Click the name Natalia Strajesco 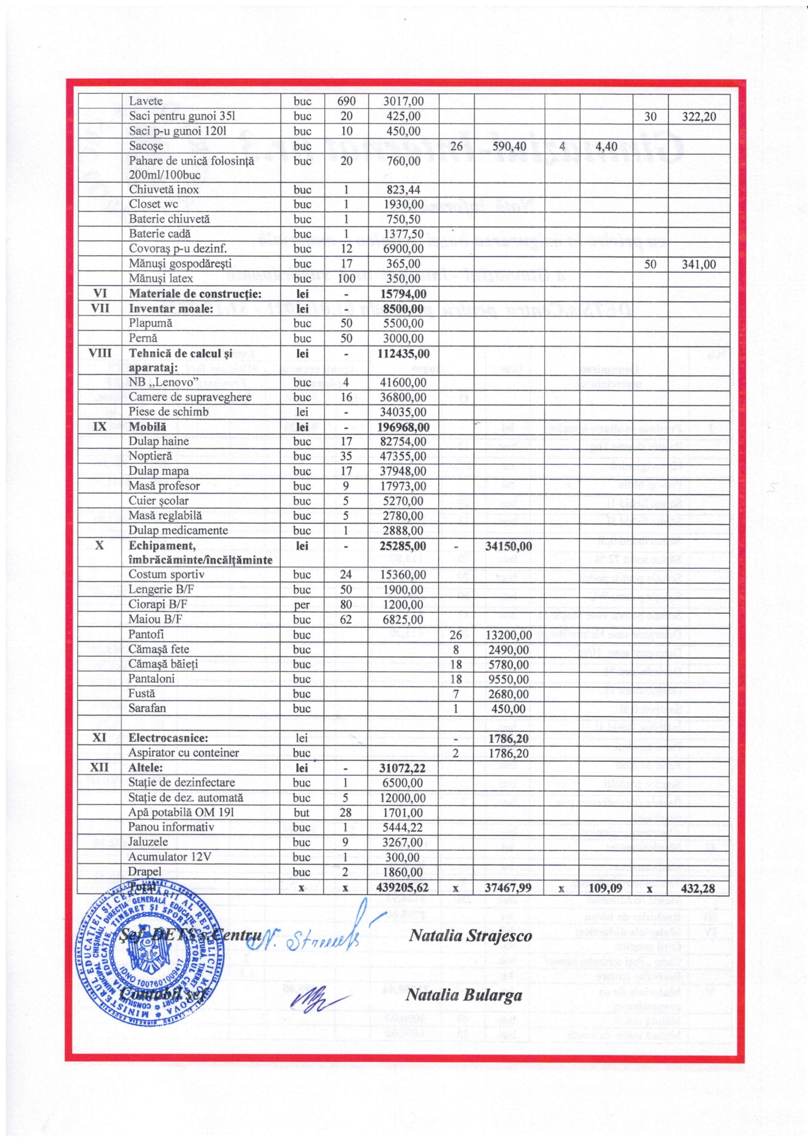[x=469, y=936]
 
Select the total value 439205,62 [x=404, y=888]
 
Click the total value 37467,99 [x=508, y=888]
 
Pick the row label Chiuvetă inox [x=164, y=189]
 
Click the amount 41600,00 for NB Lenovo [x=404, y=382]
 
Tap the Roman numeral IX [x=100, y=427]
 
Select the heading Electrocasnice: [x=168, y=738]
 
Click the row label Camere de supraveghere [x=190, y=397]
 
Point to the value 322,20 [x=699, y=116]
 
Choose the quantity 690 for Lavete [x=346, y=102]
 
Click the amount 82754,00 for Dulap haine [x=404, y=442]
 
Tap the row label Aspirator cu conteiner [x=184, y=753]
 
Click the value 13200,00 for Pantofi [x=508, y=635]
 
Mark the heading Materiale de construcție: [x=195, y=294]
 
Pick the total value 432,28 [x=698, y=888]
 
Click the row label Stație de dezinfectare [x=181, y=783]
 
